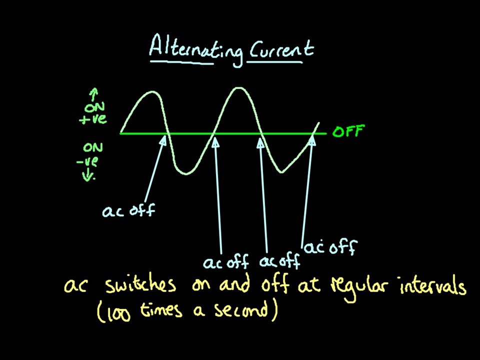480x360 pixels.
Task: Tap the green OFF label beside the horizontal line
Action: click(x=348, y=132)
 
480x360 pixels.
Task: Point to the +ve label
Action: click(x=93, y=119)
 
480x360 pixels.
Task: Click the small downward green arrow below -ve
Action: click(x=90, y=175)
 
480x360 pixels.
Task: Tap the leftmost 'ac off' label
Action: click(x=128, y=210)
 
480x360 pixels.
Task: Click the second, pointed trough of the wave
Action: click(x=281, y=172)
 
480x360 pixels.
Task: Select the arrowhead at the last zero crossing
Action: click(x=312, y=140)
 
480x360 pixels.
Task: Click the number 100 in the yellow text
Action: click(x=118, y=312)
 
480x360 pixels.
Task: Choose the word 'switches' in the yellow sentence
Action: click(x=140, y=285)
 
